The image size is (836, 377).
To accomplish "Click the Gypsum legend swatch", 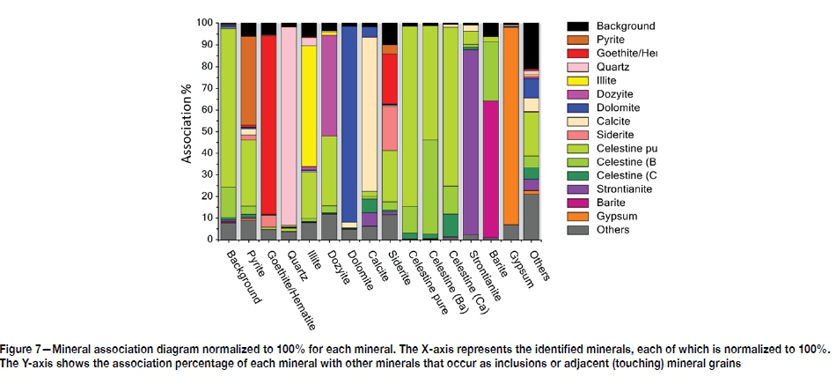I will click(585, 215).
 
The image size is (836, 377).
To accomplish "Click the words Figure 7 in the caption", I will click(26, 350).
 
